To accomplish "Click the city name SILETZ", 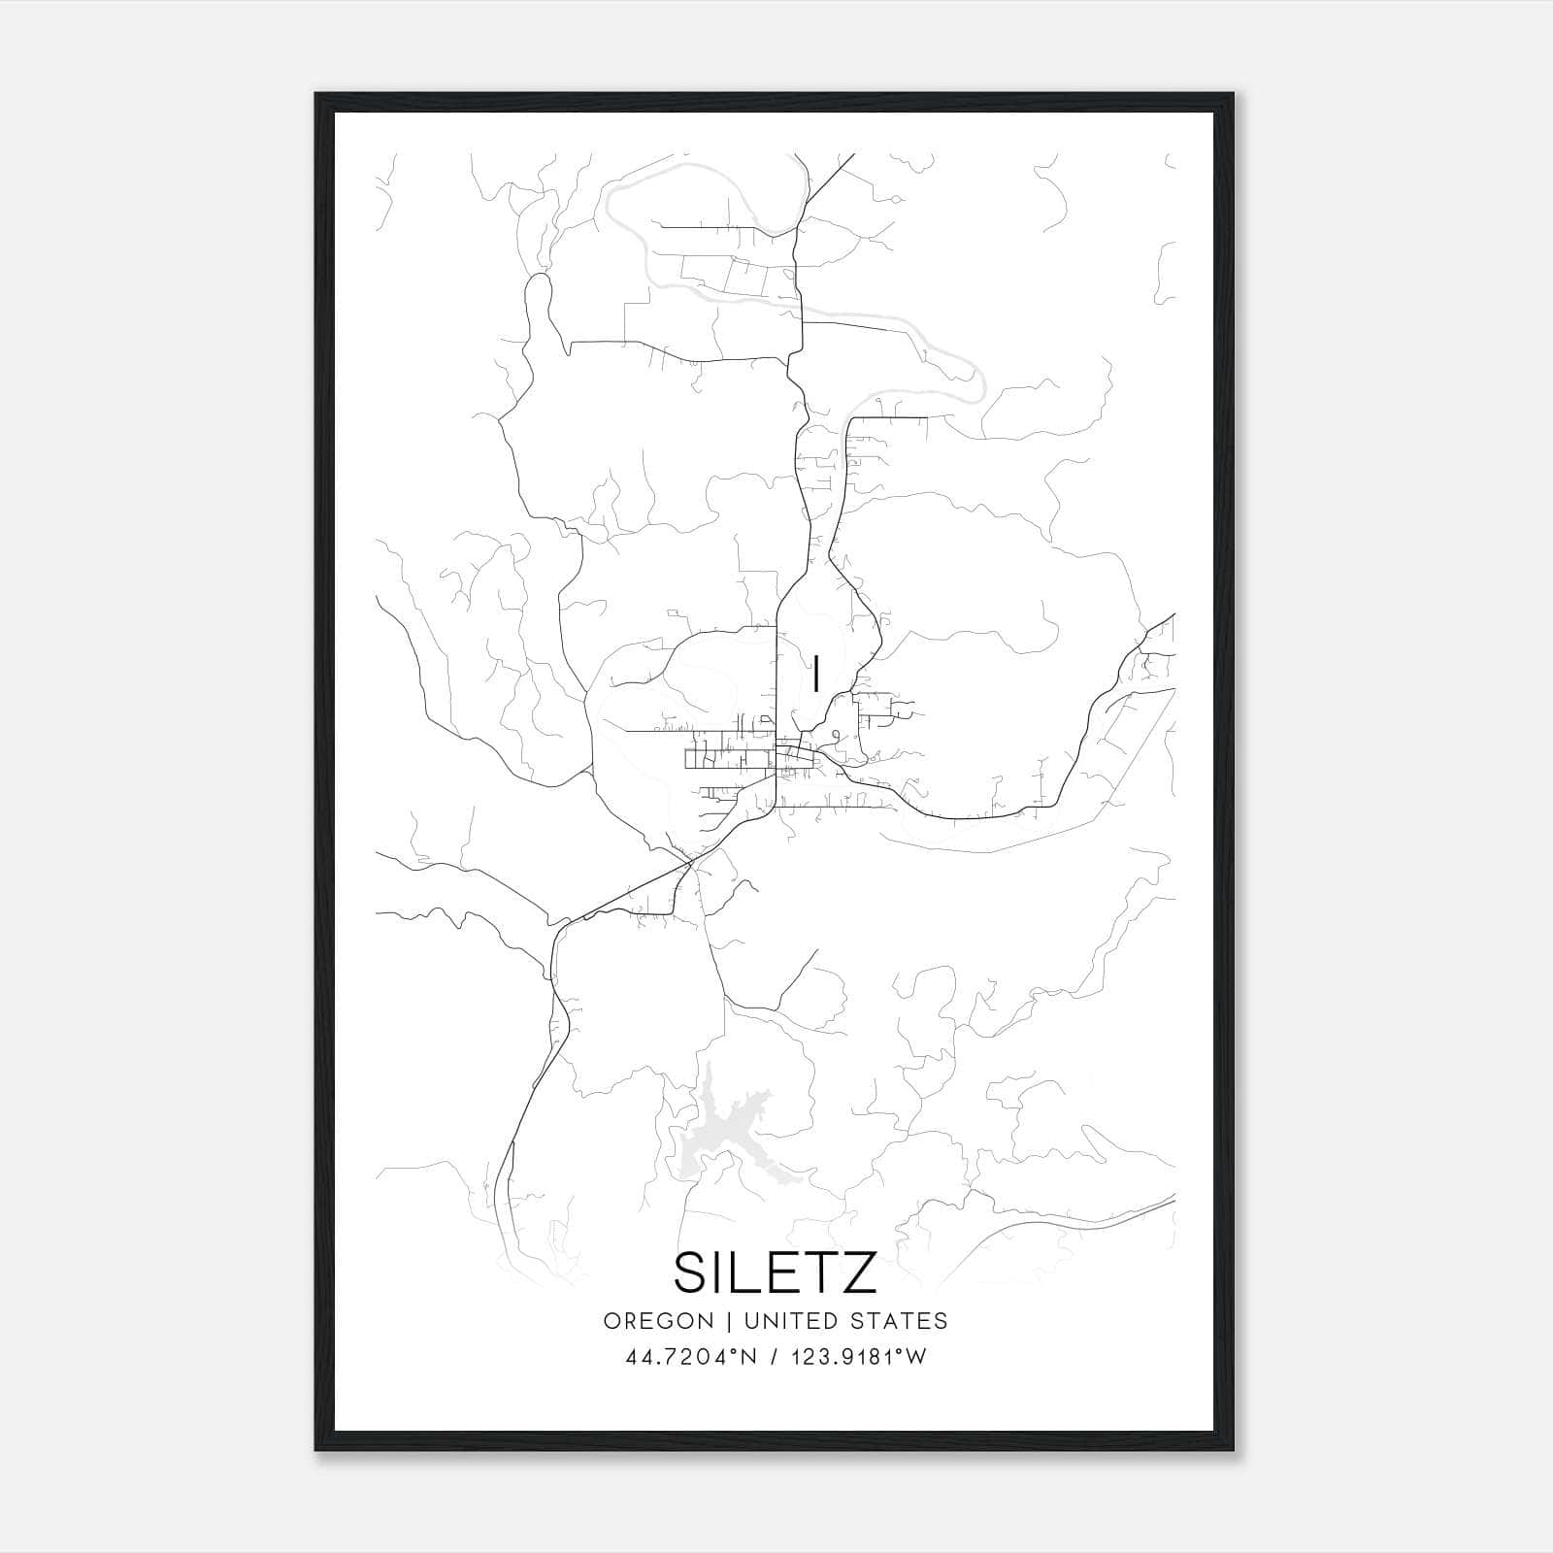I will click(776, 1272).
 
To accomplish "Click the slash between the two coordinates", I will click(773, 1357).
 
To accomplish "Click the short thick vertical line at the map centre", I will click(815, 674).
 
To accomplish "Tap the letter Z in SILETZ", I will click(859, 1272).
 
